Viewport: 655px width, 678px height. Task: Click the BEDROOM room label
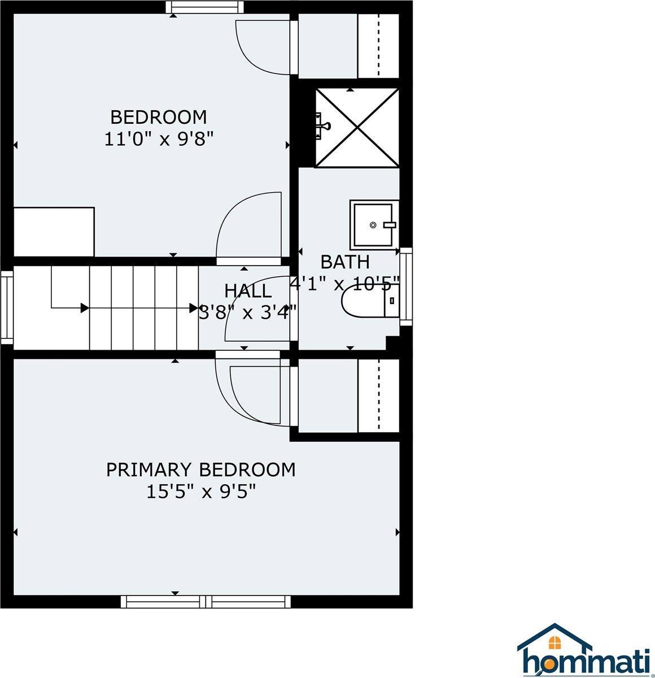158,117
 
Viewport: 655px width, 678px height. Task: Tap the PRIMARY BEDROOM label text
200,470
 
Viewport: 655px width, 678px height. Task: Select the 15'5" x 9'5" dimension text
201,492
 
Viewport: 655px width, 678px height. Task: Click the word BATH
345,262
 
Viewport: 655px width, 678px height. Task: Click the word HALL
248,291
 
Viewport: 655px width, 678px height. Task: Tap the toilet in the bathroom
370,300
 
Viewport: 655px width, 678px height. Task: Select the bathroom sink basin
373,224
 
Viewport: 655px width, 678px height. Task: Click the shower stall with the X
357,127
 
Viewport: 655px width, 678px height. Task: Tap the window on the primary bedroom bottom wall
206,601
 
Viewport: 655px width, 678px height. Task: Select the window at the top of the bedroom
206,7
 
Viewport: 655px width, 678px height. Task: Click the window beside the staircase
7,307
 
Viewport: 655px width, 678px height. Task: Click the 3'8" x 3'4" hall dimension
248,312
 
